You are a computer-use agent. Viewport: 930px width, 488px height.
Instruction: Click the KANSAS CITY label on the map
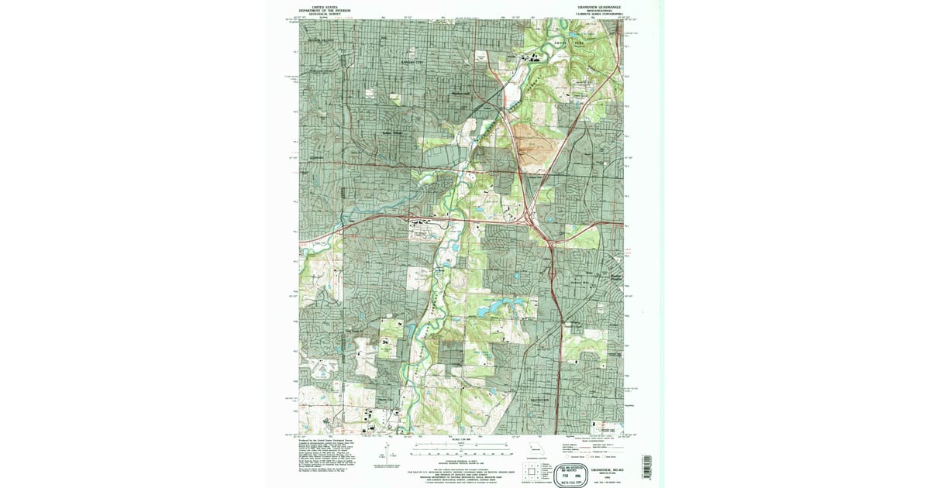coord(412,60)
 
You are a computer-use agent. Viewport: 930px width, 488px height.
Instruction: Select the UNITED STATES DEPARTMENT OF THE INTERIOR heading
coord(325,9)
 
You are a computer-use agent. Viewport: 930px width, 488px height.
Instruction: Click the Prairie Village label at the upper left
coord(325,40)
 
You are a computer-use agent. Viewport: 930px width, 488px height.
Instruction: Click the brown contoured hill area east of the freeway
coord(534,152)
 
